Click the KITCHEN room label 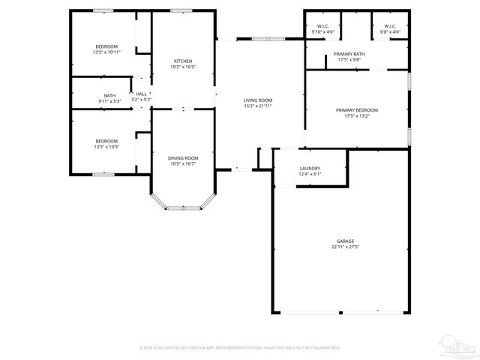tap(183, 61)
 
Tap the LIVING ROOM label tap(257, 100)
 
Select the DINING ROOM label tap(183, 157)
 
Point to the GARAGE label tap(345, 241)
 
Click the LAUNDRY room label tap(310, 168)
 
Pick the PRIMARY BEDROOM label tap(356, 110)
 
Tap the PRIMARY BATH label tap(349, 54)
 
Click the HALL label tap(141, 94)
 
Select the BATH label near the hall tap(109, 95)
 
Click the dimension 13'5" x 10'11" tap(106, 52)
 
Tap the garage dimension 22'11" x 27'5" tap(345, 247)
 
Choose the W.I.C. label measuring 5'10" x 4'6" tap(325, 32)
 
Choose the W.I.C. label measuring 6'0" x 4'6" tap(390, 32)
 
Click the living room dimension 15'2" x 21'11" tap(257, 106)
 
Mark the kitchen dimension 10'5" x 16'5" tap(183, 67)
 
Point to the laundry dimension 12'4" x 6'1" tap(310, 174)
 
